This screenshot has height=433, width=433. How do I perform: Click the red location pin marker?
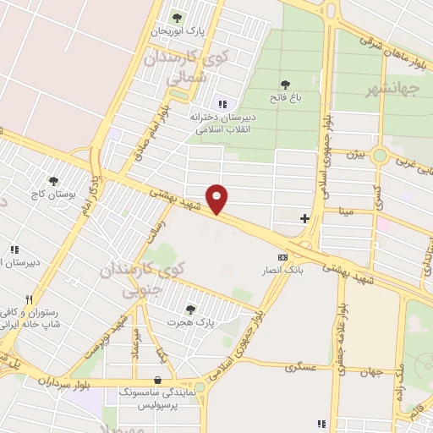218,198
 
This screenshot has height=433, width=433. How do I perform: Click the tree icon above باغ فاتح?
286,85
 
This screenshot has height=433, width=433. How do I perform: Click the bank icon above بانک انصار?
282,256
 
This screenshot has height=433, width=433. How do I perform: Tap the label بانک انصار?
285,270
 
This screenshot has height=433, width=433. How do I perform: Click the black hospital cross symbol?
304,219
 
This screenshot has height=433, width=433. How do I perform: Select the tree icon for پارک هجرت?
189,309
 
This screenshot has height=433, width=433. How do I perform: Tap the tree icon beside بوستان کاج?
54,180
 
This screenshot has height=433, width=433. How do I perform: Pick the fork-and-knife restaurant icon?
29,299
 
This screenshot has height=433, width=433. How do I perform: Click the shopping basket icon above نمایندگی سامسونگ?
158,380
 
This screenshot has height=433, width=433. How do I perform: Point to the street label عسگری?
299,367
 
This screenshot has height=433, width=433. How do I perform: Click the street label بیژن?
358,156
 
